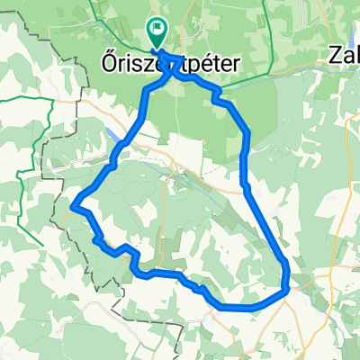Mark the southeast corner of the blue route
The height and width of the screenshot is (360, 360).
(287, 289)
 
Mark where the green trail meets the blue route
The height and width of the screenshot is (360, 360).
(217, 91)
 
